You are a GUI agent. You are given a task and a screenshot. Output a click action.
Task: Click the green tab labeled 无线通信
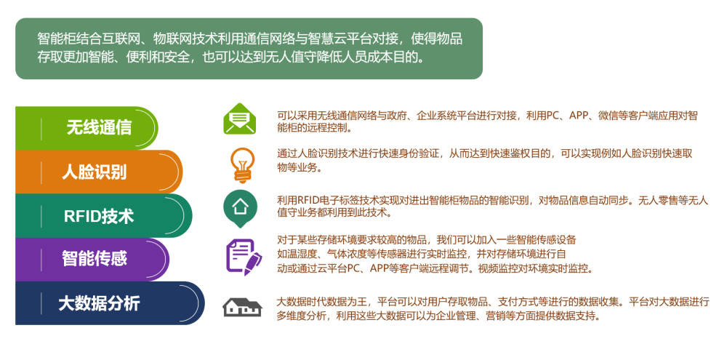[87, 128]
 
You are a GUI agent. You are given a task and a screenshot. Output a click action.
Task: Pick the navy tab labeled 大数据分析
[110, 303]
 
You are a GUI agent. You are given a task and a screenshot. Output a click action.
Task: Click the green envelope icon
[239, 119]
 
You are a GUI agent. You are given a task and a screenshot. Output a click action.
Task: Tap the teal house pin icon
[240, 208]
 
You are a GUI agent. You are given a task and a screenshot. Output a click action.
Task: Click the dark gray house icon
[242, 307]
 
